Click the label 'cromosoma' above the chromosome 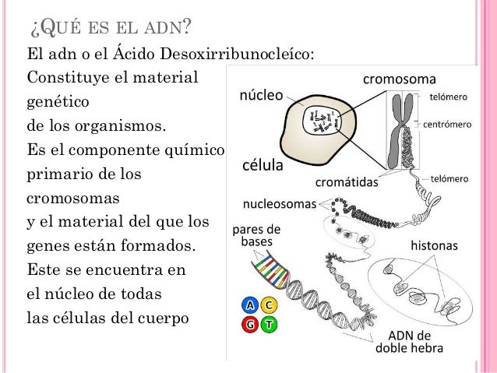400,79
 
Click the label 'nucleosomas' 280,206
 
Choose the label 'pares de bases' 256,236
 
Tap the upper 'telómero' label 449,98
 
